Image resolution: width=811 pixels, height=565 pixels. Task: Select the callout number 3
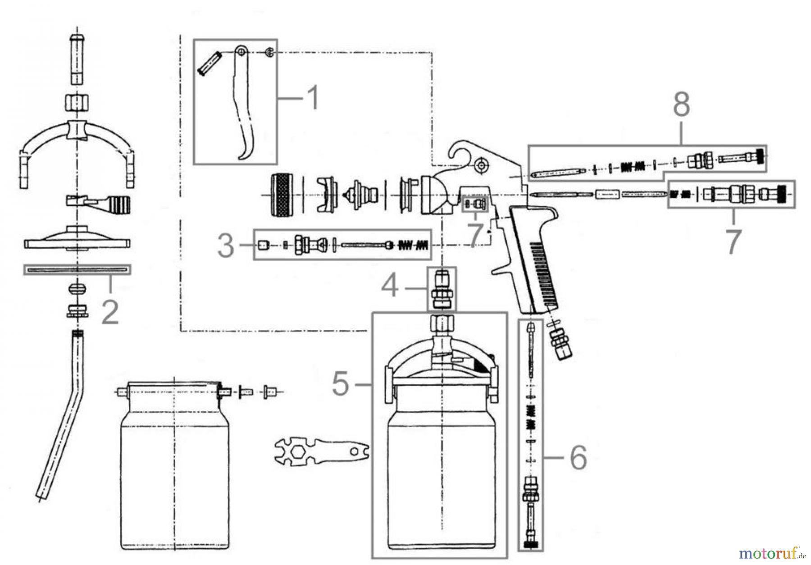[225, 246]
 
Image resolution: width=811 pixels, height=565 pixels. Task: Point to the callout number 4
[390, 287]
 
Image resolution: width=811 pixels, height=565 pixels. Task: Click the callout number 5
[341, 384]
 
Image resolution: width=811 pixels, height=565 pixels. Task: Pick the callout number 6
[578, 458]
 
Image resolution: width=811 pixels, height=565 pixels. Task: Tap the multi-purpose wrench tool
[321, 449]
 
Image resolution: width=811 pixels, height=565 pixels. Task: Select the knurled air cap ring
[282, 195]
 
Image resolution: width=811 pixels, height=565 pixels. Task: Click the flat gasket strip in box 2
[77, 270]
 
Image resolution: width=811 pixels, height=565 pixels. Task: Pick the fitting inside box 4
[441, 289]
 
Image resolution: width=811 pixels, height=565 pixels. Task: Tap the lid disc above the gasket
[77, 239]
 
